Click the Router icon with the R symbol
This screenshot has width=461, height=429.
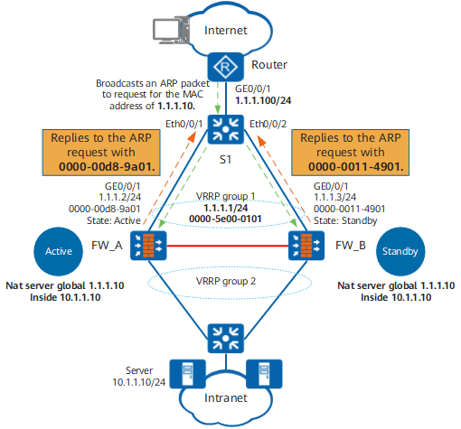[225, 67]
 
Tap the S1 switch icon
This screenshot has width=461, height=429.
[226, 129]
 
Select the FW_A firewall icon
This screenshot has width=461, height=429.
[148, 246]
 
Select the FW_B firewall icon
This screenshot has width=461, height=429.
[306, 246]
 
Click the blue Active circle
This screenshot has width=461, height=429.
[59, 251]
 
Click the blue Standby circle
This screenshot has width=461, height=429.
[400, 251]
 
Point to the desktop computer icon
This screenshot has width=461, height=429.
[171, 31]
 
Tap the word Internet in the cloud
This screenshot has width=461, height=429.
[226, 31]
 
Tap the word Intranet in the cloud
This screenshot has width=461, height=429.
[226, 398]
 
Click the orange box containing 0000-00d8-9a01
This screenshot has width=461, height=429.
[101, 153]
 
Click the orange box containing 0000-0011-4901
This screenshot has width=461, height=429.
[350, 153]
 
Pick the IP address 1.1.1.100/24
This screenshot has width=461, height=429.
[263, 100]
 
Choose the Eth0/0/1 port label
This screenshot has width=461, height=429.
[183, 124]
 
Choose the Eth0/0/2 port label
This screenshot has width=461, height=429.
[268, 124]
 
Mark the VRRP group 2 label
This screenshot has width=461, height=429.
[226, 281]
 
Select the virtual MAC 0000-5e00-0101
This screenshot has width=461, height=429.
[225, 219]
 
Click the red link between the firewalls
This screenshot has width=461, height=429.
[227, 246]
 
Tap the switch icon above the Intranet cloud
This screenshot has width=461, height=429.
[226, 339]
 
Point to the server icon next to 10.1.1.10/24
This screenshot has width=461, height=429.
[187, 374]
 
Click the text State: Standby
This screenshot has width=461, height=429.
[345, 221]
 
